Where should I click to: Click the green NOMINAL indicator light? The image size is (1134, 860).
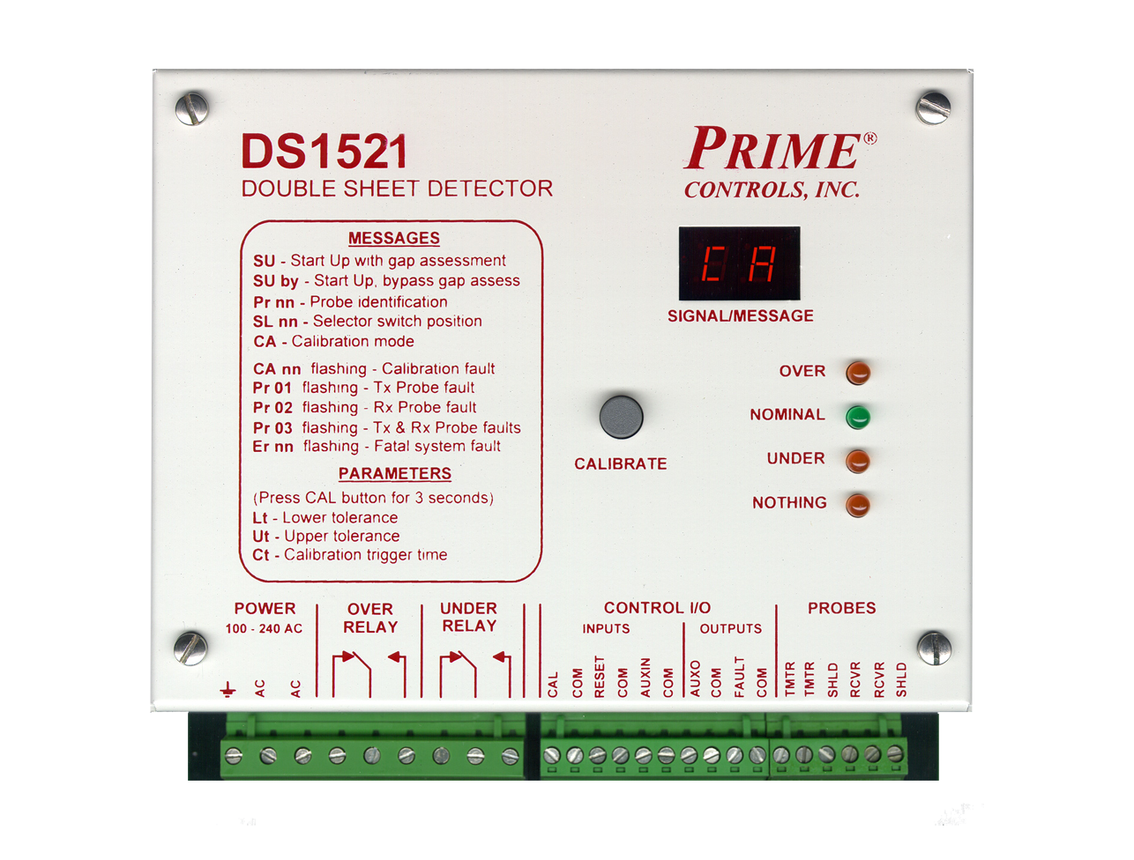(857, 416)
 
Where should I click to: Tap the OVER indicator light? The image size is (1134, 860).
(857, 372)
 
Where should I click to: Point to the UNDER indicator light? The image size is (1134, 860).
(857, 460)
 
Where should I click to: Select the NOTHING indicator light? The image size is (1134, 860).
(857, 504)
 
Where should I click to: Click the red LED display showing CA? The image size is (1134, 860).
(739, 263)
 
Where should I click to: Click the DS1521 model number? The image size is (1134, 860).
(325, 152)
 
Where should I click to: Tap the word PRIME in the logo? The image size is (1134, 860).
(772, 148)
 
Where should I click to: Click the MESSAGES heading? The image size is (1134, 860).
(393, 239)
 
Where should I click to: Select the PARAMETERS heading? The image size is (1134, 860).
(394, 474)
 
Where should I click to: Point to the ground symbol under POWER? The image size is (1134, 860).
(229, 688)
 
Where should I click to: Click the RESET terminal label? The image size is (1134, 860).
(600, 678)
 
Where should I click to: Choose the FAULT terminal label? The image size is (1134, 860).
(739, 678)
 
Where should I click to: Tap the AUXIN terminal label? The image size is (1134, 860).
(645, 678)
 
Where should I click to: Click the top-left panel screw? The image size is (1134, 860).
(191, 109)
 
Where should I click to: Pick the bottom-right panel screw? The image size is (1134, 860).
(934, 648)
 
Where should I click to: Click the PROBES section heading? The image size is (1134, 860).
(841, 608)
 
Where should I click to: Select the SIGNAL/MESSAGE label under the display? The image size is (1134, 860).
(740, 315)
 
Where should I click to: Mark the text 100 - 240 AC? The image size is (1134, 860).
(264, 629)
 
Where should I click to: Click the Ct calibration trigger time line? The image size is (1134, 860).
(349, 555)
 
